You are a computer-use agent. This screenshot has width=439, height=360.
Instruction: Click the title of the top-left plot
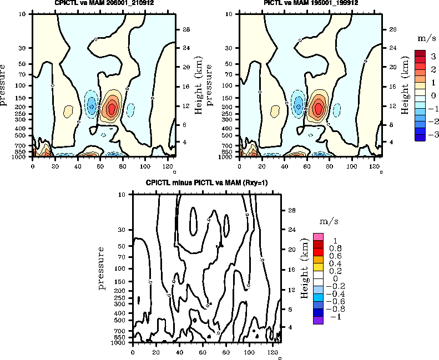pyautogui.click(x=103, y=3)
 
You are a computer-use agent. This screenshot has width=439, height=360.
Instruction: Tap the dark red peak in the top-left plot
pyautogui.click(x=112, y=108)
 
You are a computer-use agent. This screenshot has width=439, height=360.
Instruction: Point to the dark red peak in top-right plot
pyautogui.click(x=319, y=108)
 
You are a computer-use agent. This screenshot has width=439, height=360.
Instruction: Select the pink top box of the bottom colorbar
pyautogui.click(x=318, y=237)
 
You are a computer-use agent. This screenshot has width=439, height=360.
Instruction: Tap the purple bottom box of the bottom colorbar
pyautogui.click(x=318, y=320)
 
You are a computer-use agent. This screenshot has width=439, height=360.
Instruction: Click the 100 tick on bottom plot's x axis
pyautogui.click(x=249, y=352)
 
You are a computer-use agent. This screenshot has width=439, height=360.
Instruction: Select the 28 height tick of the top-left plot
pyautogui.click(x=186, y=29)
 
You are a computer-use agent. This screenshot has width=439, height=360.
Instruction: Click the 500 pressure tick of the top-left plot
pyautogui.click(x=21, y=135)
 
